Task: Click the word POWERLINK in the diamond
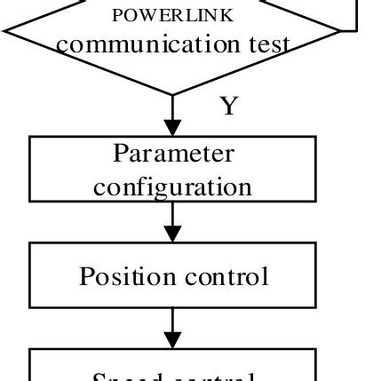173,15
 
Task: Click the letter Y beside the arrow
229,107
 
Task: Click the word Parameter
173,154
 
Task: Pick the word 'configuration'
173,187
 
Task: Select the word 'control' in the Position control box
226,276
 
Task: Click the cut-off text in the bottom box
173,377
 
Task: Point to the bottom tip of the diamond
174,94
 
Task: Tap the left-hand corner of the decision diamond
5,31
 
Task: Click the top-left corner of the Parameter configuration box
31,136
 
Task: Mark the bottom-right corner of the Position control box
316,306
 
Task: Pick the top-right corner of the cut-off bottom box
316,348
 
